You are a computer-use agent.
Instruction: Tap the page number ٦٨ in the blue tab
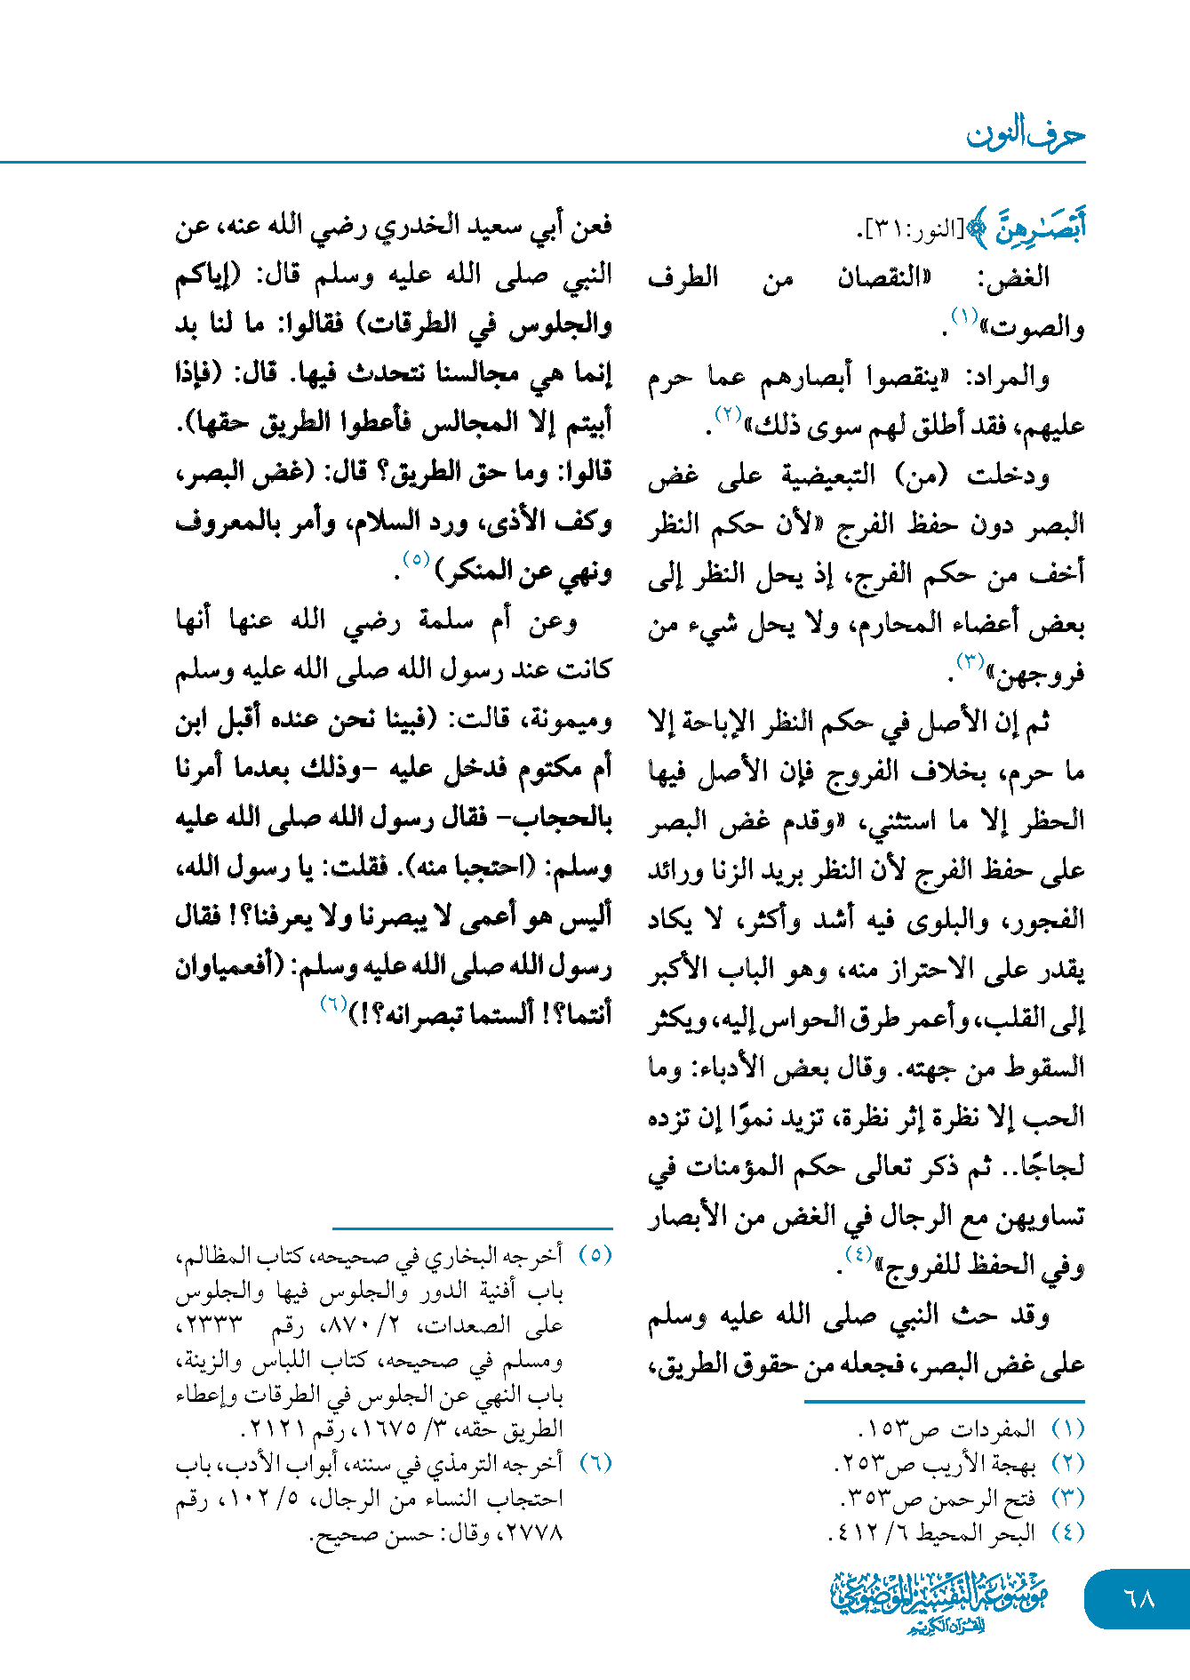[x=1138, y=1598]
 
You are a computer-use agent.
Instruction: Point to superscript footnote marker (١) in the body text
[x=964, y=316]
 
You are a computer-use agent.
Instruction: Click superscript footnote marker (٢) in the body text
[x=728, y=414]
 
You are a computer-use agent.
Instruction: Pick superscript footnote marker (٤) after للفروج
[x=859, y=1254]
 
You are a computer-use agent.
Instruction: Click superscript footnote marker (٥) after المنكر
[x=416, y=560]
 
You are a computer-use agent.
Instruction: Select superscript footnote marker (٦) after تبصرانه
[x=334, y=1004]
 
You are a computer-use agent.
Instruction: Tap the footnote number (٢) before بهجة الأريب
[x=1067, y=1463]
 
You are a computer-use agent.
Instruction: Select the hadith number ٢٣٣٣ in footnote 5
[x=212, y=1325]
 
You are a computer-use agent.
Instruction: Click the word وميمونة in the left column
[x=570, y=719]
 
